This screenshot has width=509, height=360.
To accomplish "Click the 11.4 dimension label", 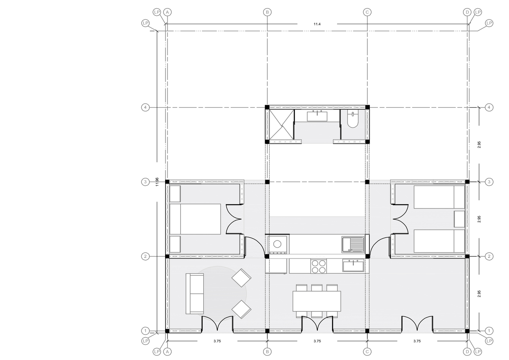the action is pos(317,24).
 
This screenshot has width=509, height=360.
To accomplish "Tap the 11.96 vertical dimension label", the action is pos(157,182).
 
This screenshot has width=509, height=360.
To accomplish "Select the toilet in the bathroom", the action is pos(353,119).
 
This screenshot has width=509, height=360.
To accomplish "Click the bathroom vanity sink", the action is pos(317,116).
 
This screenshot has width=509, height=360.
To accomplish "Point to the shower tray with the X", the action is pos(282,125).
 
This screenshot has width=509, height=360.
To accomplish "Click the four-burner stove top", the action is pos(318,266).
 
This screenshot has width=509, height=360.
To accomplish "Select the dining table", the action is pos(317,301).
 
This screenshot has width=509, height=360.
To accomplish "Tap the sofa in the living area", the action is pos(195,294).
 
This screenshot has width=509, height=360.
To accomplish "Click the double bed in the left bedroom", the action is pos(195,219).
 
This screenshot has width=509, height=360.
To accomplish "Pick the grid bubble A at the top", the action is pos(168,12).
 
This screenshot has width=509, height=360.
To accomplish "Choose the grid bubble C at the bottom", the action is pos(367,352).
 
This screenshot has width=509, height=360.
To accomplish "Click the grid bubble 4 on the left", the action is pos(145,107).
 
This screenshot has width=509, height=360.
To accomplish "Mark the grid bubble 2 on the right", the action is pos(489,257).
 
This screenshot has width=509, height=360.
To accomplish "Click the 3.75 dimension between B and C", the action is pos(317,341).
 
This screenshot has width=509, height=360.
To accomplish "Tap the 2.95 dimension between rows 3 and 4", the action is pos(479,145).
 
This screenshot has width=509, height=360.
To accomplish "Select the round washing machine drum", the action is pos(277,244).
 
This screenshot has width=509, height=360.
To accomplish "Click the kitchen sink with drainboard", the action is pos(353,244).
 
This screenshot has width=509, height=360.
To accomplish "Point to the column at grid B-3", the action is pos(267,182).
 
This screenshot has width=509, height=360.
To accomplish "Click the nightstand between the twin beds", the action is pos(459,219).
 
